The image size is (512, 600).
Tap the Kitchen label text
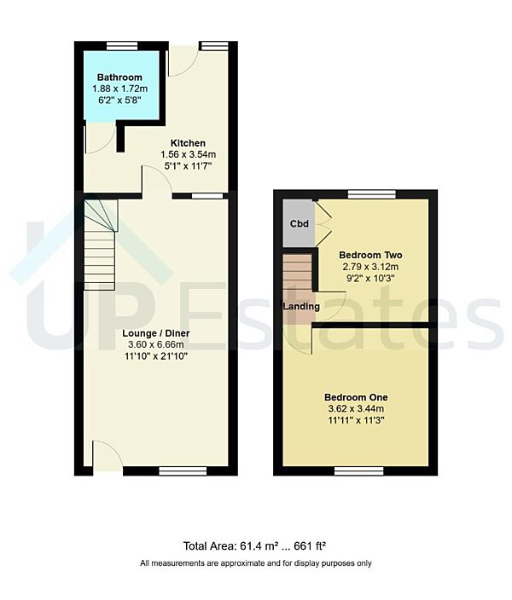(x=187, y=142)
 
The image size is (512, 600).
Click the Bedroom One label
(x=356, y=397)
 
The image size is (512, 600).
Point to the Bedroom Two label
(x=370, y=255)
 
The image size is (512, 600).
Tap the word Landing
(x=302, y=307)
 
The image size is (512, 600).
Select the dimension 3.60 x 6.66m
(x=154, y=344)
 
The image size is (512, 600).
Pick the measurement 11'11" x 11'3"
(x=356, y=421)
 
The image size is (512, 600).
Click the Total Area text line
(x=255, y=546)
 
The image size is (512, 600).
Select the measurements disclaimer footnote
(x=255, y=563)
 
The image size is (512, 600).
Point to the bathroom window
(x=122, y=45)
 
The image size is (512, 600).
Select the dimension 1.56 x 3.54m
(x=187, y=154)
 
